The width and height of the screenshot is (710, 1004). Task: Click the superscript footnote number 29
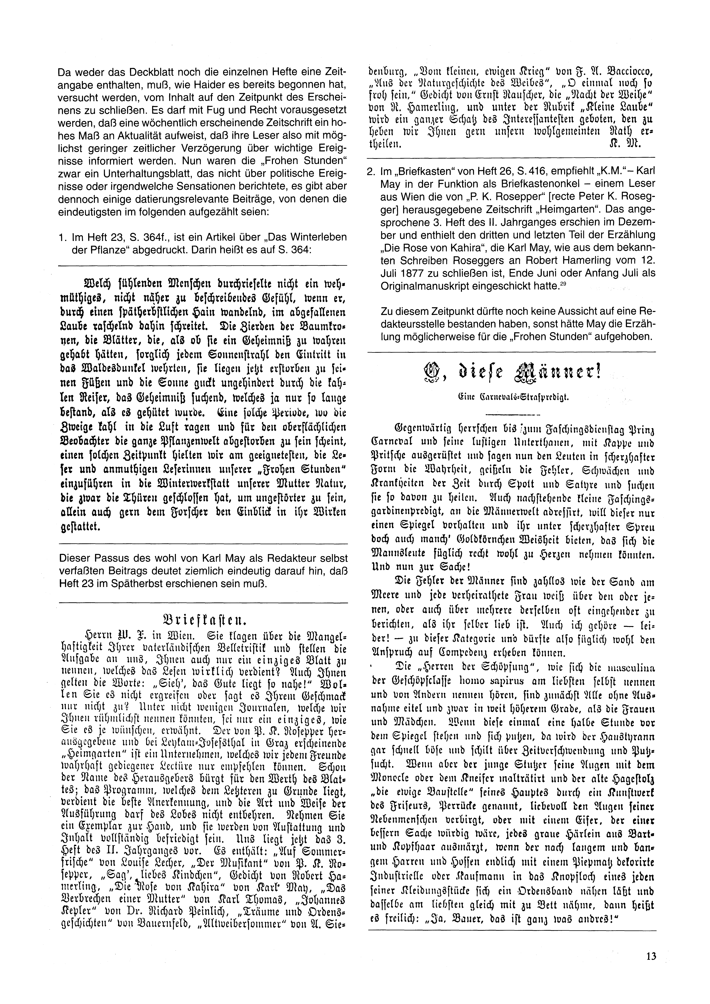pos(562,285)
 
